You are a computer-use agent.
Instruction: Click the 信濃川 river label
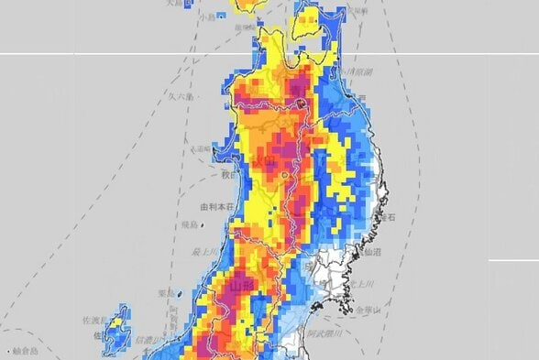pos(147,341)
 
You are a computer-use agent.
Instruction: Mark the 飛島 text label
pos(190,224)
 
